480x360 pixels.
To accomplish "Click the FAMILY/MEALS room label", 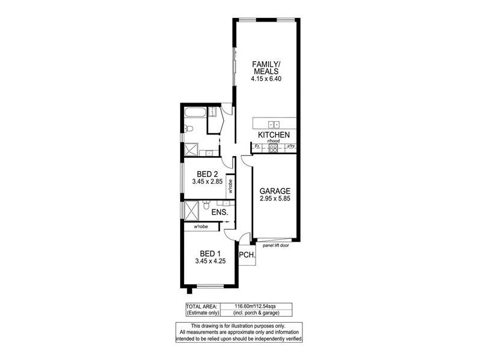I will [x=265, y=68].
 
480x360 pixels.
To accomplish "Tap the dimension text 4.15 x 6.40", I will [x=265, y=79].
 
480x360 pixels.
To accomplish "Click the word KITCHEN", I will [x=274, y=135].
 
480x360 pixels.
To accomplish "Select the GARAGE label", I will [x=275, y=191].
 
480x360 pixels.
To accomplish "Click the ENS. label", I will [x=218, y=212].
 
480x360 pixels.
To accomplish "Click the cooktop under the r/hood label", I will [x=273, y=148].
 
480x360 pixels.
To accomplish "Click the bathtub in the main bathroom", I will [x=194, y=112].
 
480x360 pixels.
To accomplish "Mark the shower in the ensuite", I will [x=191, y=211].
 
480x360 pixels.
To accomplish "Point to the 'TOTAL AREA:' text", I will [x=201, y=307].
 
